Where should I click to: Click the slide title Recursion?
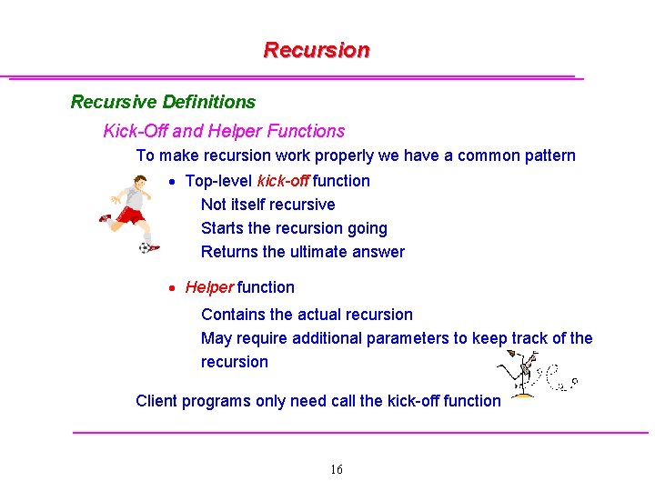(317, 50)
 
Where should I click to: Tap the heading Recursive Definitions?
(163, 102)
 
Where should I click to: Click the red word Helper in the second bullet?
(209, 287)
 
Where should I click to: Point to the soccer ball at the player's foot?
(145, 246)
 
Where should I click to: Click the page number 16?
(336, 469)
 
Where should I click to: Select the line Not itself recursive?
(267, 205)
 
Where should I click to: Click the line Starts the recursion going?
(293, 228)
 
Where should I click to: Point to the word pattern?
(549, 155)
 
